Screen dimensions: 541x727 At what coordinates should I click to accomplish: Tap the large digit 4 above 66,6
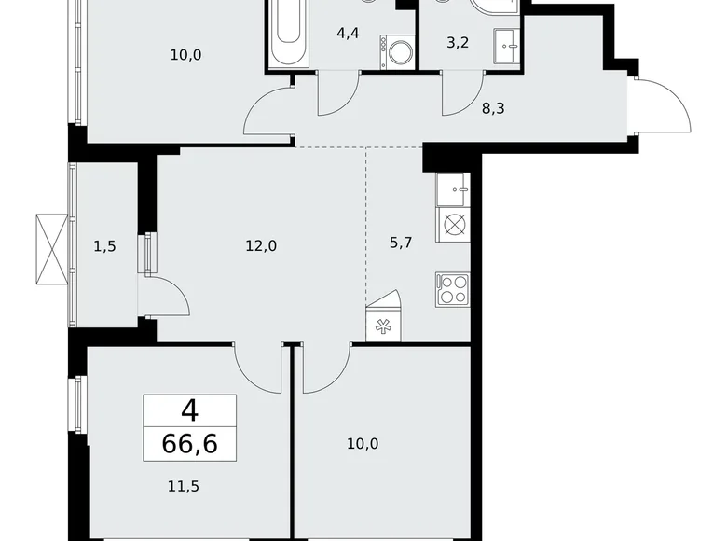[190, 409]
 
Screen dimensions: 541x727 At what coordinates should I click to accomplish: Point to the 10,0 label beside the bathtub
[185, 54]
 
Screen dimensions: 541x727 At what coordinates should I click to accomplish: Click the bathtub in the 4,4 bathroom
[289, 33]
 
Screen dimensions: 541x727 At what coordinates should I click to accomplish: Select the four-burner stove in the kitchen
[453, 289]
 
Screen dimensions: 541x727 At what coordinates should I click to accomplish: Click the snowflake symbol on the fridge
[383, 326]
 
